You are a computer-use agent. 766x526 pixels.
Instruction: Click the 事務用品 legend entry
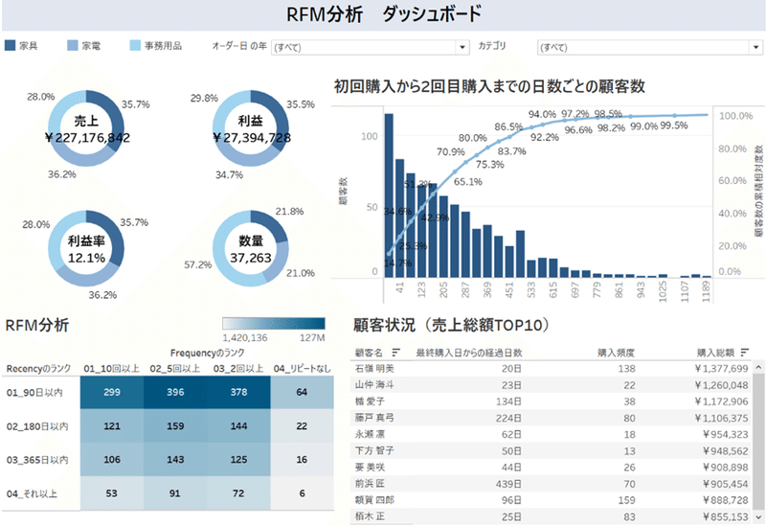coord(162,46)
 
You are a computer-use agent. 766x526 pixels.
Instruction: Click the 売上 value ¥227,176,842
coord(88,138)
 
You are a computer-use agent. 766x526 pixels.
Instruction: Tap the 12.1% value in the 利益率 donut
coord(87,258)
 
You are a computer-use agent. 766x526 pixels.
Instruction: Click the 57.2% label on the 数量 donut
coord(197,264)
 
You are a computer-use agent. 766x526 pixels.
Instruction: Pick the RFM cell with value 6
coord(301,493)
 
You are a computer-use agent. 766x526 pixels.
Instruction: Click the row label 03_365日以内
coord(36,460)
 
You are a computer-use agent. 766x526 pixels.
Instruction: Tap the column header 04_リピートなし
coord(302,367)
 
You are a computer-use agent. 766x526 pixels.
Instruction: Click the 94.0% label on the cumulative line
coord(542,115)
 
